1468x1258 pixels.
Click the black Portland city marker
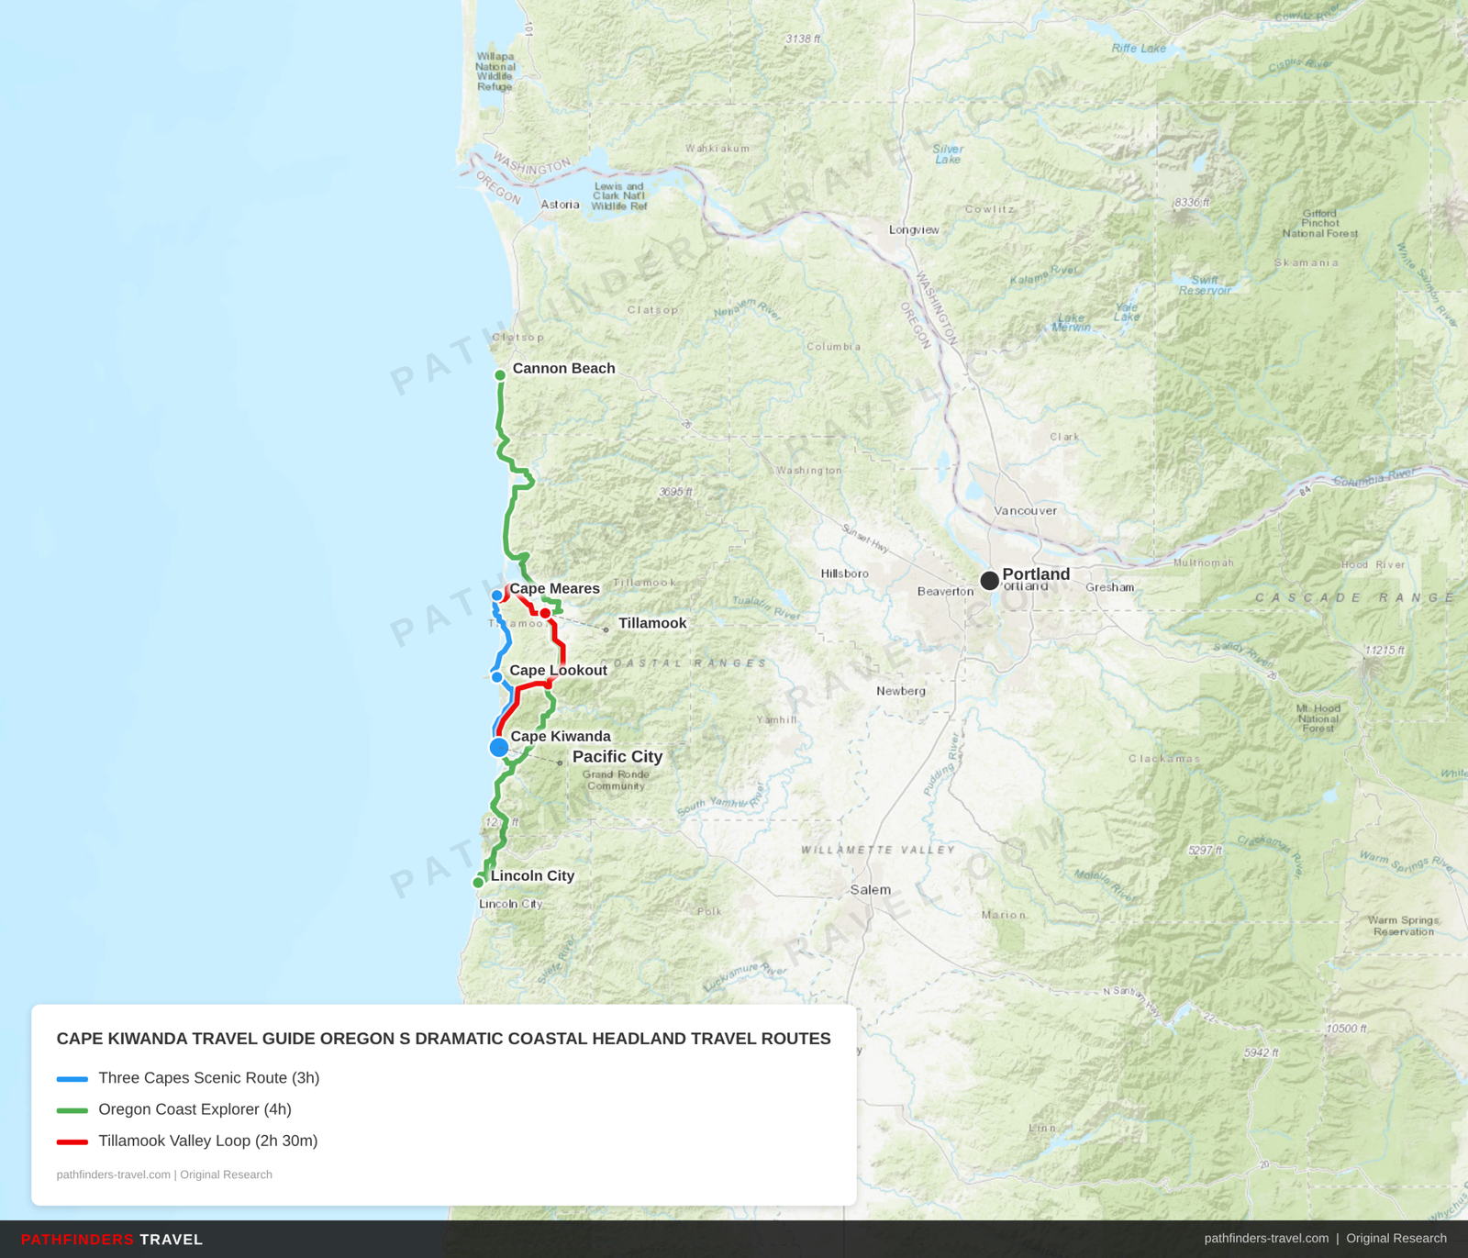click(x=989, y=581)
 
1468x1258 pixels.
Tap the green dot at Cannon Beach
click(x=500, y=375)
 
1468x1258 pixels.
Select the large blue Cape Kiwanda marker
click(x=499, y=747)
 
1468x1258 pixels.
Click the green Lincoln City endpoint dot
click(x=478, y=883)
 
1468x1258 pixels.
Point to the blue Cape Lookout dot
click(x=497, y=677)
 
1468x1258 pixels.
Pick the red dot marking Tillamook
click(x=545, y=613)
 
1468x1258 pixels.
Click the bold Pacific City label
click(x=617, y=757)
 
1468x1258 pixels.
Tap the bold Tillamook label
click(x=651, y=623)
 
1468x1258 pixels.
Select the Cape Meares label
click(x=554, y=589)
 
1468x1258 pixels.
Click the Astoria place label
click(x=560, y=205)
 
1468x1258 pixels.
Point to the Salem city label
click(x=870, y=890)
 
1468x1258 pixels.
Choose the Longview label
click(x=914, y=229)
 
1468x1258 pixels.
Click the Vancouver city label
click(x=1025, y=511)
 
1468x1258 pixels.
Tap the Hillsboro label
click(x=844, y=573)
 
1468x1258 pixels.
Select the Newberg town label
click(x=900, y=691)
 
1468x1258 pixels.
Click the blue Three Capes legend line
click(x=72, y=1079)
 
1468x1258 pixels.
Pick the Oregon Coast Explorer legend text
click(x=195, y=1109)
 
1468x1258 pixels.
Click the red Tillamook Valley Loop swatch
click(x=72, y=1141)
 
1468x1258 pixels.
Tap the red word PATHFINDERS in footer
click(x=77, y=1240)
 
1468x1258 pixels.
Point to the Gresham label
click(x=1109, y=587)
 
